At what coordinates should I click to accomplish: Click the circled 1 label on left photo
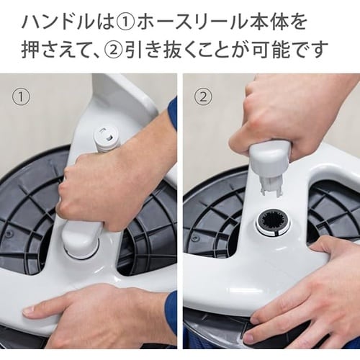(21, 98)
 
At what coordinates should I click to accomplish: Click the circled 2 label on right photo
(203, 98)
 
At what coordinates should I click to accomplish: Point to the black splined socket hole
(274, 222)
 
